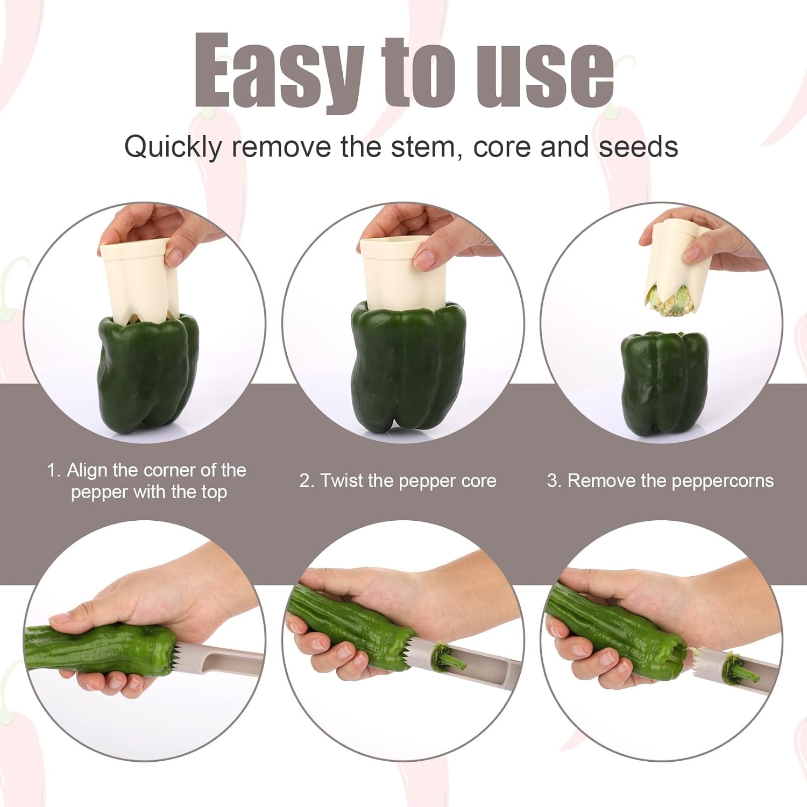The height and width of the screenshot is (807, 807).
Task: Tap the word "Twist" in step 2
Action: tap(342, 480)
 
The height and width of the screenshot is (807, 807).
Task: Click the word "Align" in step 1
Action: tap(87, 471)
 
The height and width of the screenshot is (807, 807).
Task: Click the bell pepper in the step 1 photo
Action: tap(148, 374)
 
